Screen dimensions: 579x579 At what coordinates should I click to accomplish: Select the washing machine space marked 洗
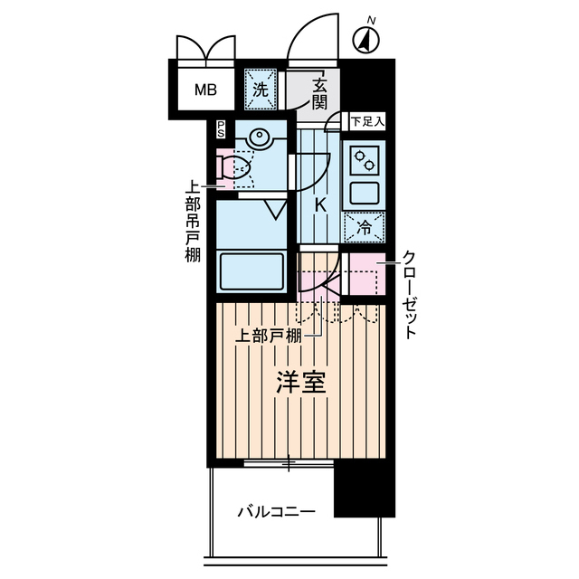[x=261, y=90]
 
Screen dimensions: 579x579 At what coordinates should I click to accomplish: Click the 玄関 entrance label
[x=320, y=94]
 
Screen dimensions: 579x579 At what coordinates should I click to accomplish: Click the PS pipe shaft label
[x=221, y=130]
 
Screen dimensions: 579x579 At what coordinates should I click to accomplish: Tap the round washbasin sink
[x=259, y=138]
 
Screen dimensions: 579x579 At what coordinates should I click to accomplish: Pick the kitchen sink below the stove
[x=365, y=193]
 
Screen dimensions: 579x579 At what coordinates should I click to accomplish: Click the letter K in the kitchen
[x=319, y=205]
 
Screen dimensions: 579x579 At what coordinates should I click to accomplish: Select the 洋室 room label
[x=300, y=384]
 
